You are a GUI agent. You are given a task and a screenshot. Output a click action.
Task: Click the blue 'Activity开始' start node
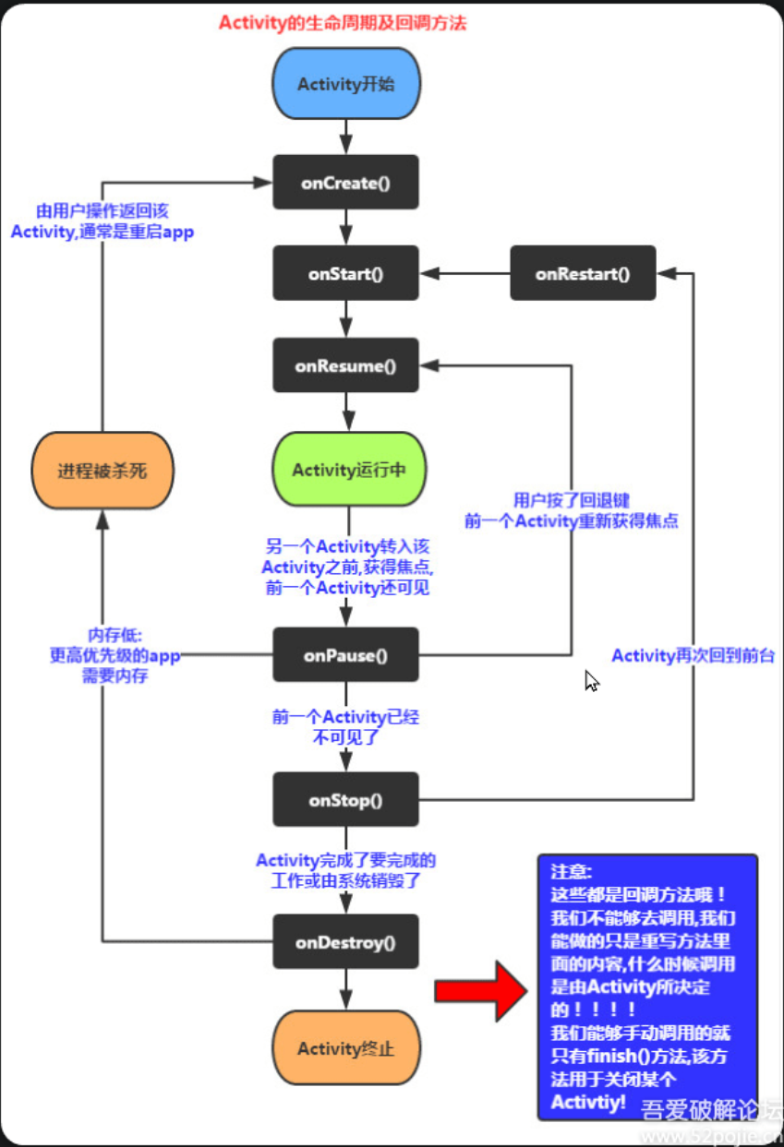[346, 84]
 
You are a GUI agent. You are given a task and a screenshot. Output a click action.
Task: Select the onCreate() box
[346, 183]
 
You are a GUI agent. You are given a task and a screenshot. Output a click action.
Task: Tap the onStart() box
[346, 274]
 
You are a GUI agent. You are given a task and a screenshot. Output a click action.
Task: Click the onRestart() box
[583, 273]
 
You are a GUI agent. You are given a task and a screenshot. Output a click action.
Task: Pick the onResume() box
[346, 365]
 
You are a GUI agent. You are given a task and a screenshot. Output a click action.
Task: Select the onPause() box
[346, 656]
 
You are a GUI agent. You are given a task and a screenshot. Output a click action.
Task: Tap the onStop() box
[346, 800]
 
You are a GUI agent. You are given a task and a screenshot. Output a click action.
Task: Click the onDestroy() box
[346, 942]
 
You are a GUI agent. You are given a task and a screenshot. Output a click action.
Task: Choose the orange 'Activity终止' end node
[346, 1048]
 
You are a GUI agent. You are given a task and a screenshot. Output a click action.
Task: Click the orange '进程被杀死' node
[103, 471]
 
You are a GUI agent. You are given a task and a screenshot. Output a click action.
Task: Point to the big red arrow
[480, 990]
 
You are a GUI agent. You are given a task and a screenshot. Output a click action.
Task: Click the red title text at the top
[343, 23]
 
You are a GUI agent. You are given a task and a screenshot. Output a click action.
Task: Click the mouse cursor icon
[591, 681]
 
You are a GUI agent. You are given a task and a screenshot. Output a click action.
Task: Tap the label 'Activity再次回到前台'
[693, 655]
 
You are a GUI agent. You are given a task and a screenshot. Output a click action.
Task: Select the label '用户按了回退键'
[572, 501]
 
